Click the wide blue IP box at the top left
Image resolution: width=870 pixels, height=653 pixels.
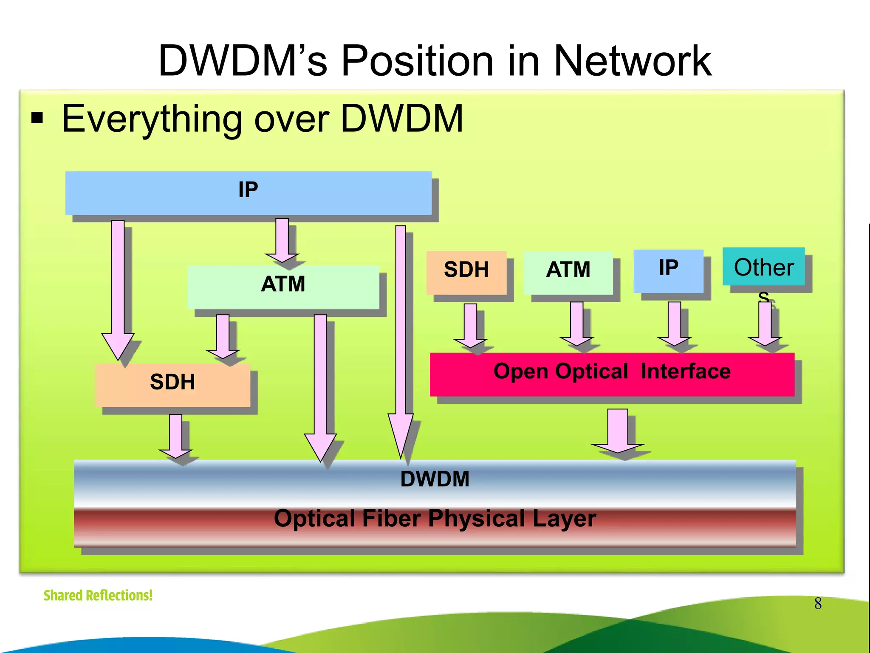(x=249, y=193)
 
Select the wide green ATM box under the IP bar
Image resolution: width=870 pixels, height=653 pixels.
(x=283, y=287)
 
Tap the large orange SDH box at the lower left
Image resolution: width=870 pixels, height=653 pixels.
(x=172, y=384)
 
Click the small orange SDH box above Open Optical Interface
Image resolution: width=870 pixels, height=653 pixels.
(x=466, y=272)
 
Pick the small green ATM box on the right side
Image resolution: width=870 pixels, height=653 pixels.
(x=568, y=272)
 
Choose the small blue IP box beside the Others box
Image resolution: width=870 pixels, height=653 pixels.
(x=668, y=270)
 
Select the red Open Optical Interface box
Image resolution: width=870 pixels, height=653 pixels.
(x=612, y=374)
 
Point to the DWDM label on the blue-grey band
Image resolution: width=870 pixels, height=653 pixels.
(x=435, y=479)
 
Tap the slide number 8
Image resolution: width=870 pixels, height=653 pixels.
(x=818, y=603)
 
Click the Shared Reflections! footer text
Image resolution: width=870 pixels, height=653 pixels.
(x=98, y=595)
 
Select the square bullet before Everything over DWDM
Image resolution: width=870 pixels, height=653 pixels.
(x=37, y=118)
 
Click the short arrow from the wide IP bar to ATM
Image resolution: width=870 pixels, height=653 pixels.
(x=282, y=239)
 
